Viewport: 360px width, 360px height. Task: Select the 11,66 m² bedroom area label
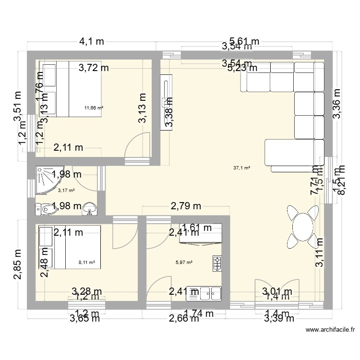pos(94,108)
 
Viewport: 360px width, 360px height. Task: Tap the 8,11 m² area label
pos(87,263)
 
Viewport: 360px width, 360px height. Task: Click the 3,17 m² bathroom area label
pos(66,190)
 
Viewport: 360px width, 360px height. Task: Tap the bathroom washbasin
pos(90,208)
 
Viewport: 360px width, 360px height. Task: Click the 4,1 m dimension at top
pos(91,42)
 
